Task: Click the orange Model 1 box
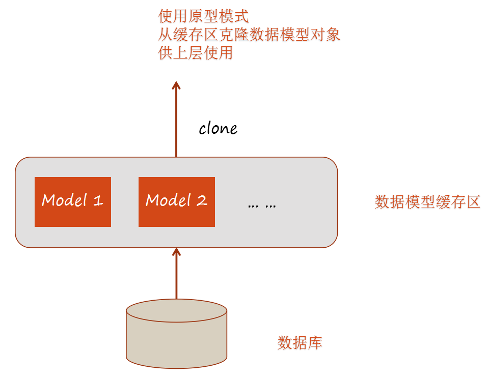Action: click(72, 201)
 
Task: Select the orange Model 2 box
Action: click(176, 201)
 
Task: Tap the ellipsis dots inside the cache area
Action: click(262, 205)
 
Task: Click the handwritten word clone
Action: click(218, 128)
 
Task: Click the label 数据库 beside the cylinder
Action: click(300, 342)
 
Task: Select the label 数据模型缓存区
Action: click(427, 202)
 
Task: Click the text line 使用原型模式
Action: click(203, 17)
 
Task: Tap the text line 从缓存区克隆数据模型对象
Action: click(249, 35)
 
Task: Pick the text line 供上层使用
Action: click(196, 52)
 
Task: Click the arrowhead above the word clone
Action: click(176, 85)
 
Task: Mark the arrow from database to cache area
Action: click(176, 275)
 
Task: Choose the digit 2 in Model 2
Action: click(202, 200)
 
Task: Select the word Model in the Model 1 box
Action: click(64, 200)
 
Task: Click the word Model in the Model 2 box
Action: click(168, 200)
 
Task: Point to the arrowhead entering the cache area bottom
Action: click(176, 252)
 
